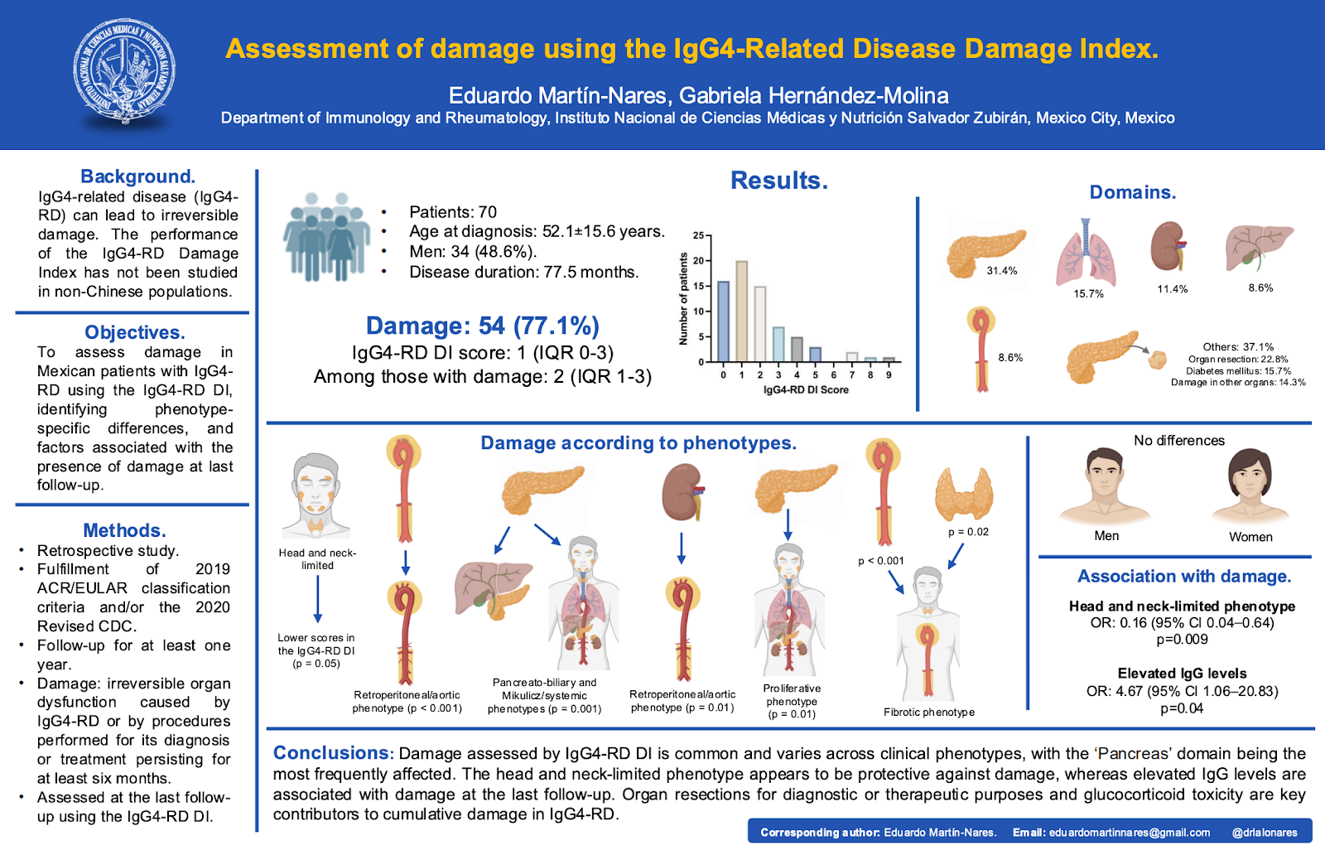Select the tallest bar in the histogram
click(x=742, y=311)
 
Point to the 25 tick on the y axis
click(x=698, y=235)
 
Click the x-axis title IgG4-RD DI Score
click(x=806, y=389)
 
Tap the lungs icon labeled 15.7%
click(x=1086, y=252)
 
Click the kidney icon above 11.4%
click(x=1168, y=246)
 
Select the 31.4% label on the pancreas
click(x=1001, y=271)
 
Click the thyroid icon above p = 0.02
click(x=964, y=492)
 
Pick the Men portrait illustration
click(x=1105, y=485)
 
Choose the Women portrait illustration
click(x=1250, y=485)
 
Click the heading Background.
click(x=137, y=176)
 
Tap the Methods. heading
click(x=124, y=530)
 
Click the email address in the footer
click(x=1130, y=833)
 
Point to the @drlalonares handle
click(x=1265, y=833)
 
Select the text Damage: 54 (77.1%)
click(x=482, y=326)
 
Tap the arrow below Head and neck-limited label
click(x=317, y=599)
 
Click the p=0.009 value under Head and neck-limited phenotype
click(x=1182, y=640)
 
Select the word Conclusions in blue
click(x=331, y=753)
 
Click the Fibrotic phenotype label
click(x=928, y=712)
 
